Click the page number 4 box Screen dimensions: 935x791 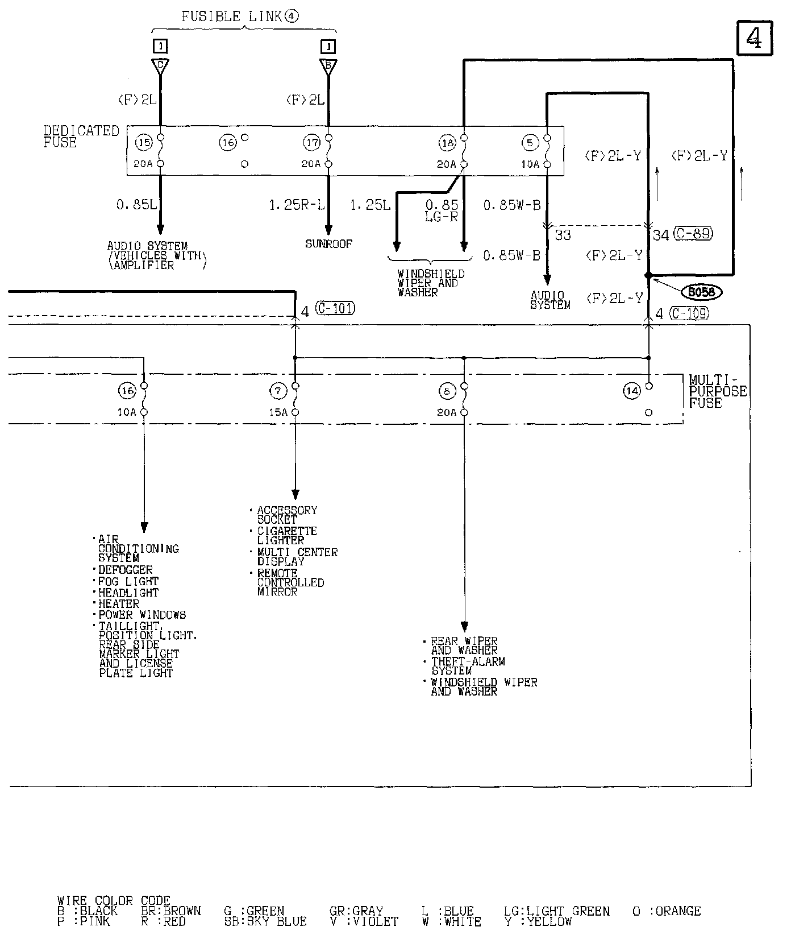[x=755, y=38]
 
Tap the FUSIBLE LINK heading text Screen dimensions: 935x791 [x=240, y=17]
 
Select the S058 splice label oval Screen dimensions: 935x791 [x=702, y=292]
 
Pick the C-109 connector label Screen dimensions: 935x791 [x=689, y=313]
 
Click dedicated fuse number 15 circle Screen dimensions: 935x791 [x=144, y=142]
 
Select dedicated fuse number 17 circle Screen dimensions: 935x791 [x=312, y=142]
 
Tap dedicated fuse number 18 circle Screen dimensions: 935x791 [x=448, y=143]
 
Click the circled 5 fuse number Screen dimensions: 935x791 [x=530, y=143]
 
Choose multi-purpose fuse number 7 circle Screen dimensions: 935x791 [x=278, y=391]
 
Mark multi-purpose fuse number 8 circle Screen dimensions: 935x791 [x=447, y=391]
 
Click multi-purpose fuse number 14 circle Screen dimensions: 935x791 [x=632, y=391]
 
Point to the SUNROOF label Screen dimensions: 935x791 [x=328, y=244]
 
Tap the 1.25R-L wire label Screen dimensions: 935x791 [x=293, y=205]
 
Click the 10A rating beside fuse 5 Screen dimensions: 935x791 [x=530, y=164]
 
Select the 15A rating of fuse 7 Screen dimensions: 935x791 [x=278, y=412]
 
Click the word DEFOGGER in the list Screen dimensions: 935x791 [x=125, y=570]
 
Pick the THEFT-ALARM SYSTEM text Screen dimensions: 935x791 [x=467, y=666]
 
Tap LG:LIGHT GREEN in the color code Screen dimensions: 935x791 [x=556, y=912]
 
